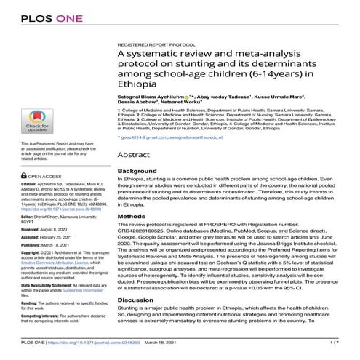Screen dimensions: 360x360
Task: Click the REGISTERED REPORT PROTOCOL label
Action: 157,45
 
